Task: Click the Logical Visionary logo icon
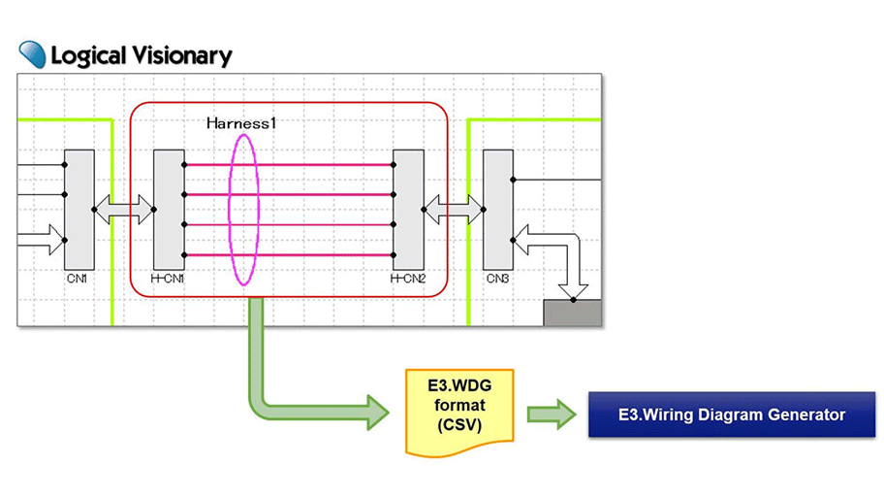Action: pyautogui.click(x=32, y=54)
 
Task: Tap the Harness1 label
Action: pyautogui.click(x=240, y=123)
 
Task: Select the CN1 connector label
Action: pyautogui.click(x=78, y=279)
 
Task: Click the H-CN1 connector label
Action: pyautogui.click(x=168, y=279)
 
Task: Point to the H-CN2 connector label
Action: pyautogui.click(x=407, y=279)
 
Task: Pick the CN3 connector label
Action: pyautogui.click(x=497, y=279)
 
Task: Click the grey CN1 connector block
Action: pyautogui.click(x=78, y=209)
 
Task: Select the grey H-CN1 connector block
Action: pyautogui.click(x=169, y=209)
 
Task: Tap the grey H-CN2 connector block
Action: pyautogui.click(x=407, y=209)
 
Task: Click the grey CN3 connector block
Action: pyautogui.click(x=497, y=209)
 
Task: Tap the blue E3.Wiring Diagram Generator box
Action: pyautogui.click(x=731, y=415)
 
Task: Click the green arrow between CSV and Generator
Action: pyautogui.click(x=551, y=415)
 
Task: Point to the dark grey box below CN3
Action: pyautogui.click(x=572, y=313)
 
